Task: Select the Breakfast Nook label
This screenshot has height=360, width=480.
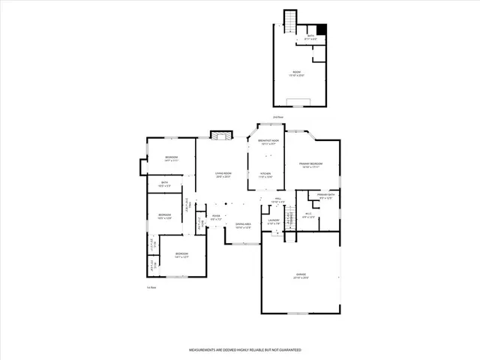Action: click(269, 142)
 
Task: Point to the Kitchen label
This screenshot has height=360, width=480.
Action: click(265, 175)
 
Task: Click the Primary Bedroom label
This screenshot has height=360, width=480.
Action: click(311, 165)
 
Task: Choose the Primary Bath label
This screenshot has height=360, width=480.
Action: click(325, 196)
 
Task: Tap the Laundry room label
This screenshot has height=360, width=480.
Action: click(274, 221)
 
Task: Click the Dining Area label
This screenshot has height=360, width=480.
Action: click(243, 226)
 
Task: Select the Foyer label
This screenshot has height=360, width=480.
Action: click(215, 217)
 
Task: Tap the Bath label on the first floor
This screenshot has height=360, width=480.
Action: click(164, 183)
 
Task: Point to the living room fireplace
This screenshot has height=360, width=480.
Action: click(218, 136)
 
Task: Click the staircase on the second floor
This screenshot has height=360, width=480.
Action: click(290, 18)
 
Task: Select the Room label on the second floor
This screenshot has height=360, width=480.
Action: click(298, 73)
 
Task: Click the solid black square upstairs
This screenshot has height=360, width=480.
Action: click(322, 30)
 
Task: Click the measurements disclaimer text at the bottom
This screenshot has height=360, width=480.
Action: click(244, 350)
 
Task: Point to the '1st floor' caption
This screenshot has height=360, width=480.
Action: click(151, 287)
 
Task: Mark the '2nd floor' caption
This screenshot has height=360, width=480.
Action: click(277, 117)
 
